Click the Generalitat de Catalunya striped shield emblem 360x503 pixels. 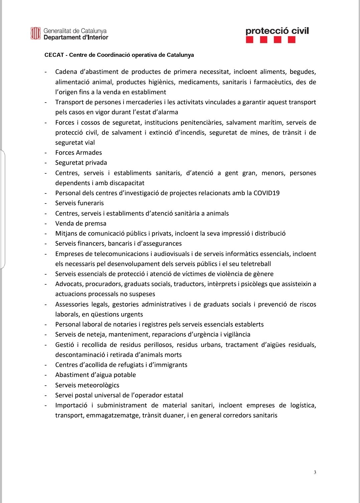(x=35, y=33)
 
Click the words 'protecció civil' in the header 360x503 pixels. (x=277, y=31)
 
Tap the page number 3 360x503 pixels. (x=315, y=472)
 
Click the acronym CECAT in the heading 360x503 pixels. (x=54, y=55)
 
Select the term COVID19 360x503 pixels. (x=266, y=193)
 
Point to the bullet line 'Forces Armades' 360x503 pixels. (x=78, y=153)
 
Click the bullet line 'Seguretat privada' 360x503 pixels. (x=81, y=163)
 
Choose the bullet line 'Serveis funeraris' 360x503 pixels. (x=79, y=203)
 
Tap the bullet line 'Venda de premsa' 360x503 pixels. (x=81, y=223)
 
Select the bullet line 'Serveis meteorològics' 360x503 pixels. (x=87, y=385)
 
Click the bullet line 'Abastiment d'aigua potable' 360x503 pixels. (x=96, y=375)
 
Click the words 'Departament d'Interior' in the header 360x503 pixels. (x=76, y=37)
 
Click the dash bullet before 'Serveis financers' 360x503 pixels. (x=46, y=244)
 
